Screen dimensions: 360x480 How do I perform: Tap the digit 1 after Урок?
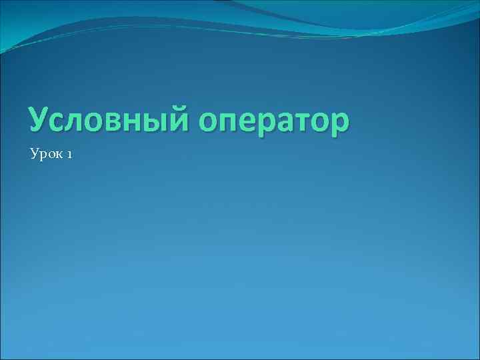(69, 155)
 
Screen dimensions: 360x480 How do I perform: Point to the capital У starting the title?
(39, 120)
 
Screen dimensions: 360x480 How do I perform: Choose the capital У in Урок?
(34, 155)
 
